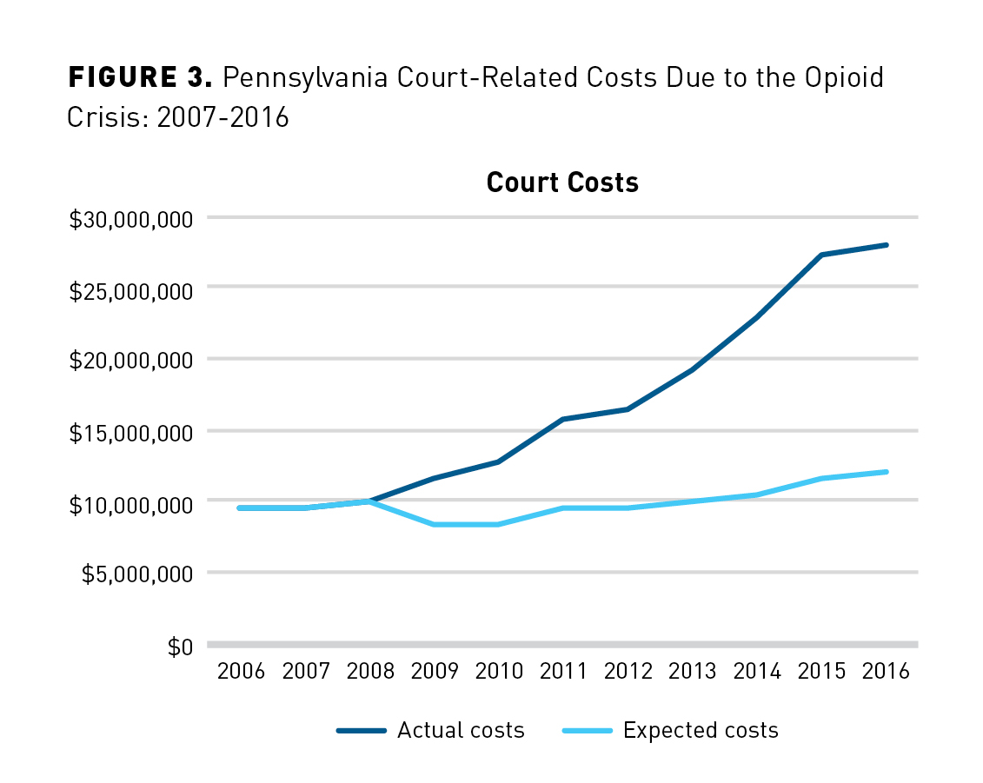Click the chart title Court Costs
[x=562, y=182]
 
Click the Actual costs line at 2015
[x=821, y=255]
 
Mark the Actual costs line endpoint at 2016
[x=886, y=245]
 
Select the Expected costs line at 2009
[x=435, y=524]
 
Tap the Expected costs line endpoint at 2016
[x=886, y=472]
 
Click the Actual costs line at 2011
[x=563, y=419]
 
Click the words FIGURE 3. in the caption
[x=140, y=78]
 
